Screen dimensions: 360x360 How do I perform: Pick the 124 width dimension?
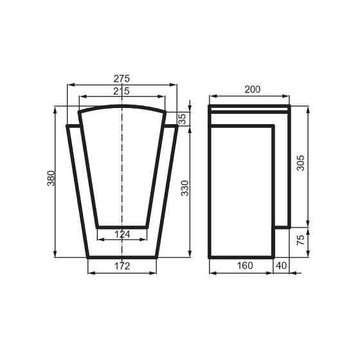[x=122, y=234]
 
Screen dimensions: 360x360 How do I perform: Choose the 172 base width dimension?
[x=122, y=265]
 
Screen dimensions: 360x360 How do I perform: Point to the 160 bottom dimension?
[x=244, y=265]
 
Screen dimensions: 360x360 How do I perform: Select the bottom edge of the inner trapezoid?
[x=122, y=227]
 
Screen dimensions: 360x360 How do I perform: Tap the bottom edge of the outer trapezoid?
[x=122, y=257]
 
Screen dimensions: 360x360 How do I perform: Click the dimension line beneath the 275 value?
[x=96, y=84]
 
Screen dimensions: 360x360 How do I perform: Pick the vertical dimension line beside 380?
[x=57, y=212]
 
